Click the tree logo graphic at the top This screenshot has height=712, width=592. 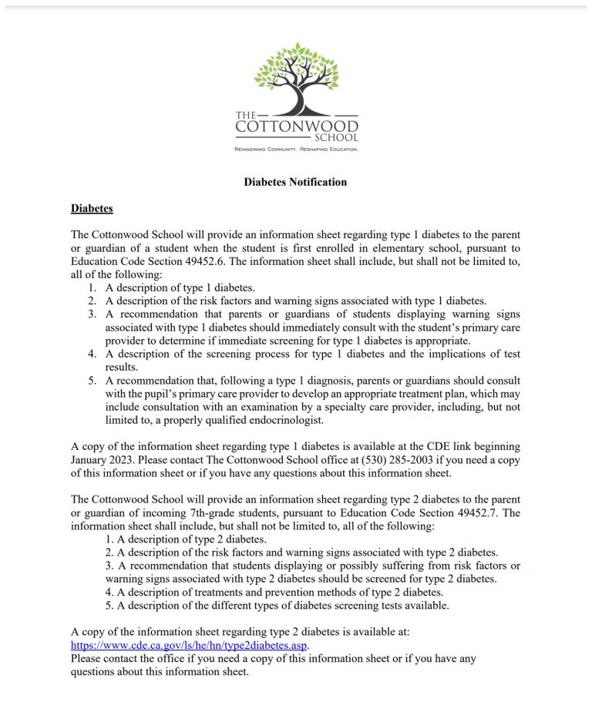296,77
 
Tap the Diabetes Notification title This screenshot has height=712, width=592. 295,183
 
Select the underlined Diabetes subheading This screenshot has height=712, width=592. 92,209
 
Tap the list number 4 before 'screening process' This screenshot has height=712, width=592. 91,354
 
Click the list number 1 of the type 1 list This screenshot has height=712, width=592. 91,287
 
